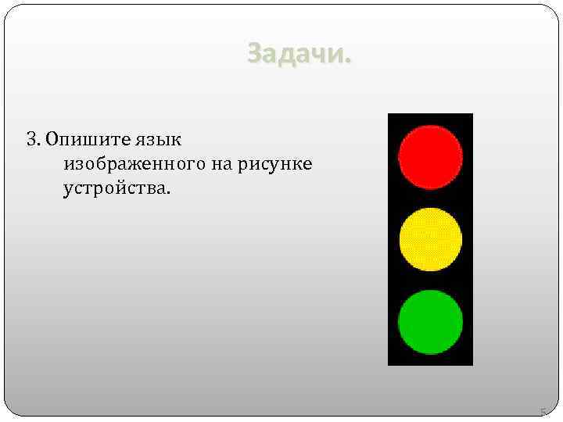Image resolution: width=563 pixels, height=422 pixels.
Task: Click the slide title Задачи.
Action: tap(299, 54)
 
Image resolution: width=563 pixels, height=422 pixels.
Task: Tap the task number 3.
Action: tap(31, 140)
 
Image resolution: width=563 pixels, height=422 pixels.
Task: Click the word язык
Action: tap(160, 141)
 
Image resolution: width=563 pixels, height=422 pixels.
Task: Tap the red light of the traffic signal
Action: tap(430, 157)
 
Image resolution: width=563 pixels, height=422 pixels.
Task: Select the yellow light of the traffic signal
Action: tap(430, 239)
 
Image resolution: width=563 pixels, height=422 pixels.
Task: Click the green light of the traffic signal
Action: tap(430, 321)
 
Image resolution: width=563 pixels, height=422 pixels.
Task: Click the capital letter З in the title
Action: tap(255, 54)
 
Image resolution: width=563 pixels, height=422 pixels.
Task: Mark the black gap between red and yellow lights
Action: tap(430, 198)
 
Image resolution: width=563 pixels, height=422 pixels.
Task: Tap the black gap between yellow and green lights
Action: tap(430, 280)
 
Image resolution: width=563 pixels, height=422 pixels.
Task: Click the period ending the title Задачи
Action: tap(349, 61)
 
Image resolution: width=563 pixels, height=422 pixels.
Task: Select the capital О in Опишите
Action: tap(52, 140)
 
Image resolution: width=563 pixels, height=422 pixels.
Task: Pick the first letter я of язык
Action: tap(143, 141)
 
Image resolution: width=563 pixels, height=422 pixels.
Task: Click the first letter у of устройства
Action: tap(68, 191)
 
